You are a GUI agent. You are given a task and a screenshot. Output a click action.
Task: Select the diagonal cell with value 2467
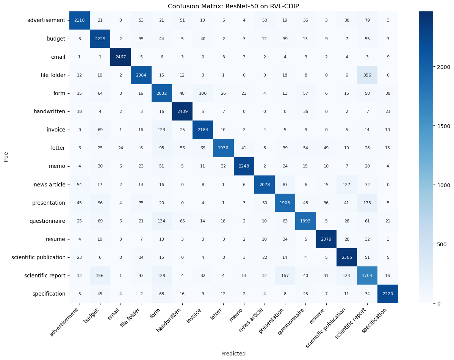click(x=121, y=56)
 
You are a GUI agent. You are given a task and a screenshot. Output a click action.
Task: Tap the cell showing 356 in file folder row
click(x=368, y=75)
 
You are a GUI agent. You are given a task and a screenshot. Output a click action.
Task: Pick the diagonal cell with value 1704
click(x=368, y=275)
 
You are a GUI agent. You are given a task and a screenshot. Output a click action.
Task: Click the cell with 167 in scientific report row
click(x=285, y=275)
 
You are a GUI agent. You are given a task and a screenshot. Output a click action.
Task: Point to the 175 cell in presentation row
click(x=368, y=202)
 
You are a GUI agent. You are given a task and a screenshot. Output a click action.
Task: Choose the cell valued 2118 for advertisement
click(x=80, y=20)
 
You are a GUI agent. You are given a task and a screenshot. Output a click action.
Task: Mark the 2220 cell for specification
click(x=388, y=294)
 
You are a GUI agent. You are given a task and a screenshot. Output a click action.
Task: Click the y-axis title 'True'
click(x=6, y=157)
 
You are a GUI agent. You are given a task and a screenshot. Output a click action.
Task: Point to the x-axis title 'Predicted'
click(x=233, y=354)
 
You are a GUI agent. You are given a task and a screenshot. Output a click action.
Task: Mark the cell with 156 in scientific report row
click(x=100, y=275)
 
